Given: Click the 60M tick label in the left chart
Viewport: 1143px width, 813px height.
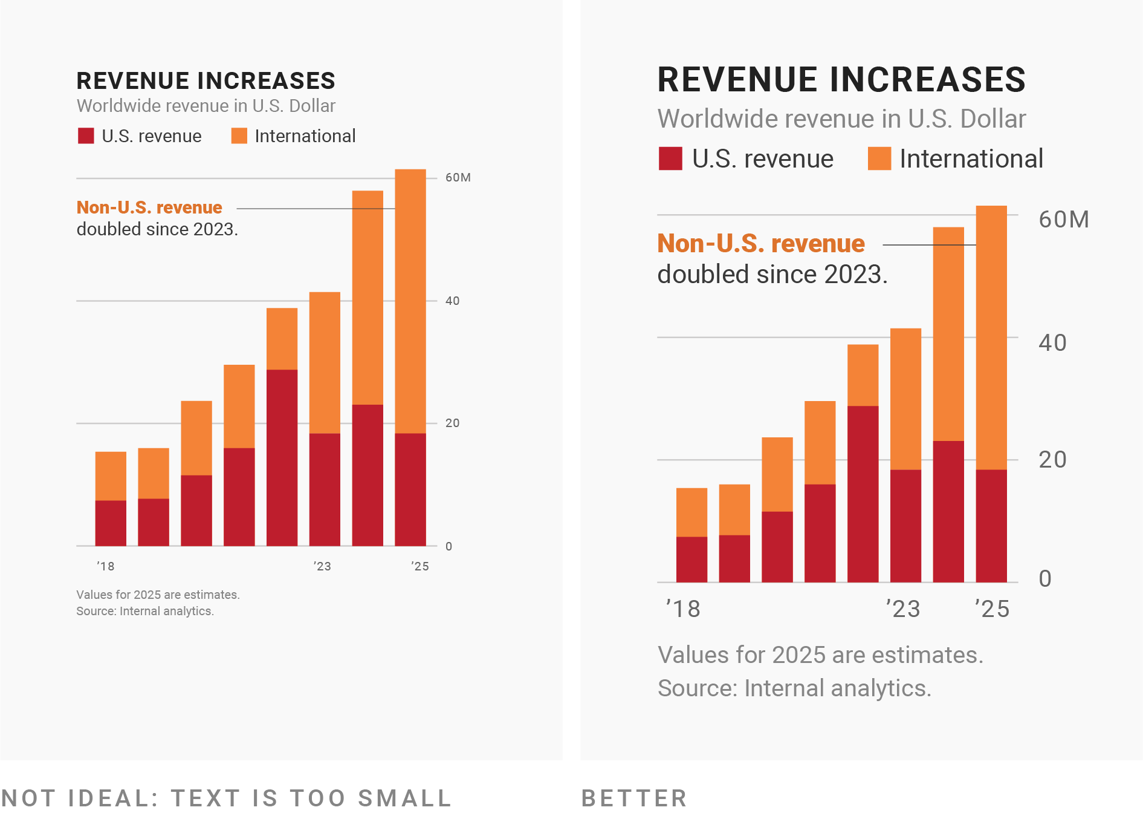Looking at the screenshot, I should point(458,177).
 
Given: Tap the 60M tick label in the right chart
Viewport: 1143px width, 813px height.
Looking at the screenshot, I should point(1063,220).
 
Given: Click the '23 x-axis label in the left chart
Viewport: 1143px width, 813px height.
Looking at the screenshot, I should point(322,566).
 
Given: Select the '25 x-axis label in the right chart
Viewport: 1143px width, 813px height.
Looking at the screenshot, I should point(992,609).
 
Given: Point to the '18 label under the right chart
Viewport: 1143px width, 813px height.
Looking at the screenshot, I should point(683,609).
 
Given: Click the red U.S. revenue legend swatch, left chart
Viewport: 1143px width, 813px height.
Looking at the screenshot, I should point(86,136).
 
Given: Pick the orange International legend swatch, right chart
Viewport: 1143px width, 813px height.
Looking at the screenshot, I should point(879,158).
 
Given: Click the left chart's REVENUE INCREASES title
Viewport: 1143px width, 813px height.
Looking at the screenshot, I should point(206,81).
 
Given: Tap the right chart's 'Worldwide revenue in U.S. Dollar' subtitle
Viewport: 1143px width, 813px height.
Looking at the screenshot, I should point(841,119).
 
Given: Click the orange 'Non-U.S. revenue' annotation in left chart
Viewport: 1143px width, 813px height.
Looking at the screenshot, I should point(149,207).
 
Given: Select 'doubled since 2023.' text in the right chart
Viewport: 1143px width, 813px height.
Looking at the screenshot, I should point(772,275).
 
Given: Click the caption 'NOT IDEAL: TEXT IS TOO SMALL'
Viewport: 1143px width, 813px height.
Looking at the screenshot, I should point(226,798).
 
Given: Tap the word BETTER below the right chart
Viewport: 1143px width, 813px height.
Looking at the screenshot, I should point(634,798).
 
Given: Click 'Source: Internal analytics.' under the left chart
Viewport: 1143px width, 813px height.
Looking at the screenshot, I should point(145,611).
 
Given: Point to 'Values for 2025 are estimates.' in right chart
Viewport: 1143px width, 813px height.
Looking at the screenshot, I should point(820,655).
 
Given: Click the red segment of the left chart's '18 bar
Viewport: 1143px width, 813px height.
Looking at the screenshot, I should point(111,523).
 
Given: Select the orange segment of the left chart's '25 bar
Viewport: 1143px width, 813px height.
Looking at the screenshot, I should point(410,301).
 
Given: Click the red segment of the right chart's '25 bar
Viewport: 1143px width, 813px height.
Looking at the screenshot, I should point(991,526).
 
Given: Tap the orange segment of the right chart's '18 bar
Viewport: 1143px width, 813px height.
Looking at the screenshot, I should point(691,512).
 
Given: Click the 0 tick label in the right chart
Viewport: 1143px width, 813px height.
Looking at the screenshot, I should point(1045,579).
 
